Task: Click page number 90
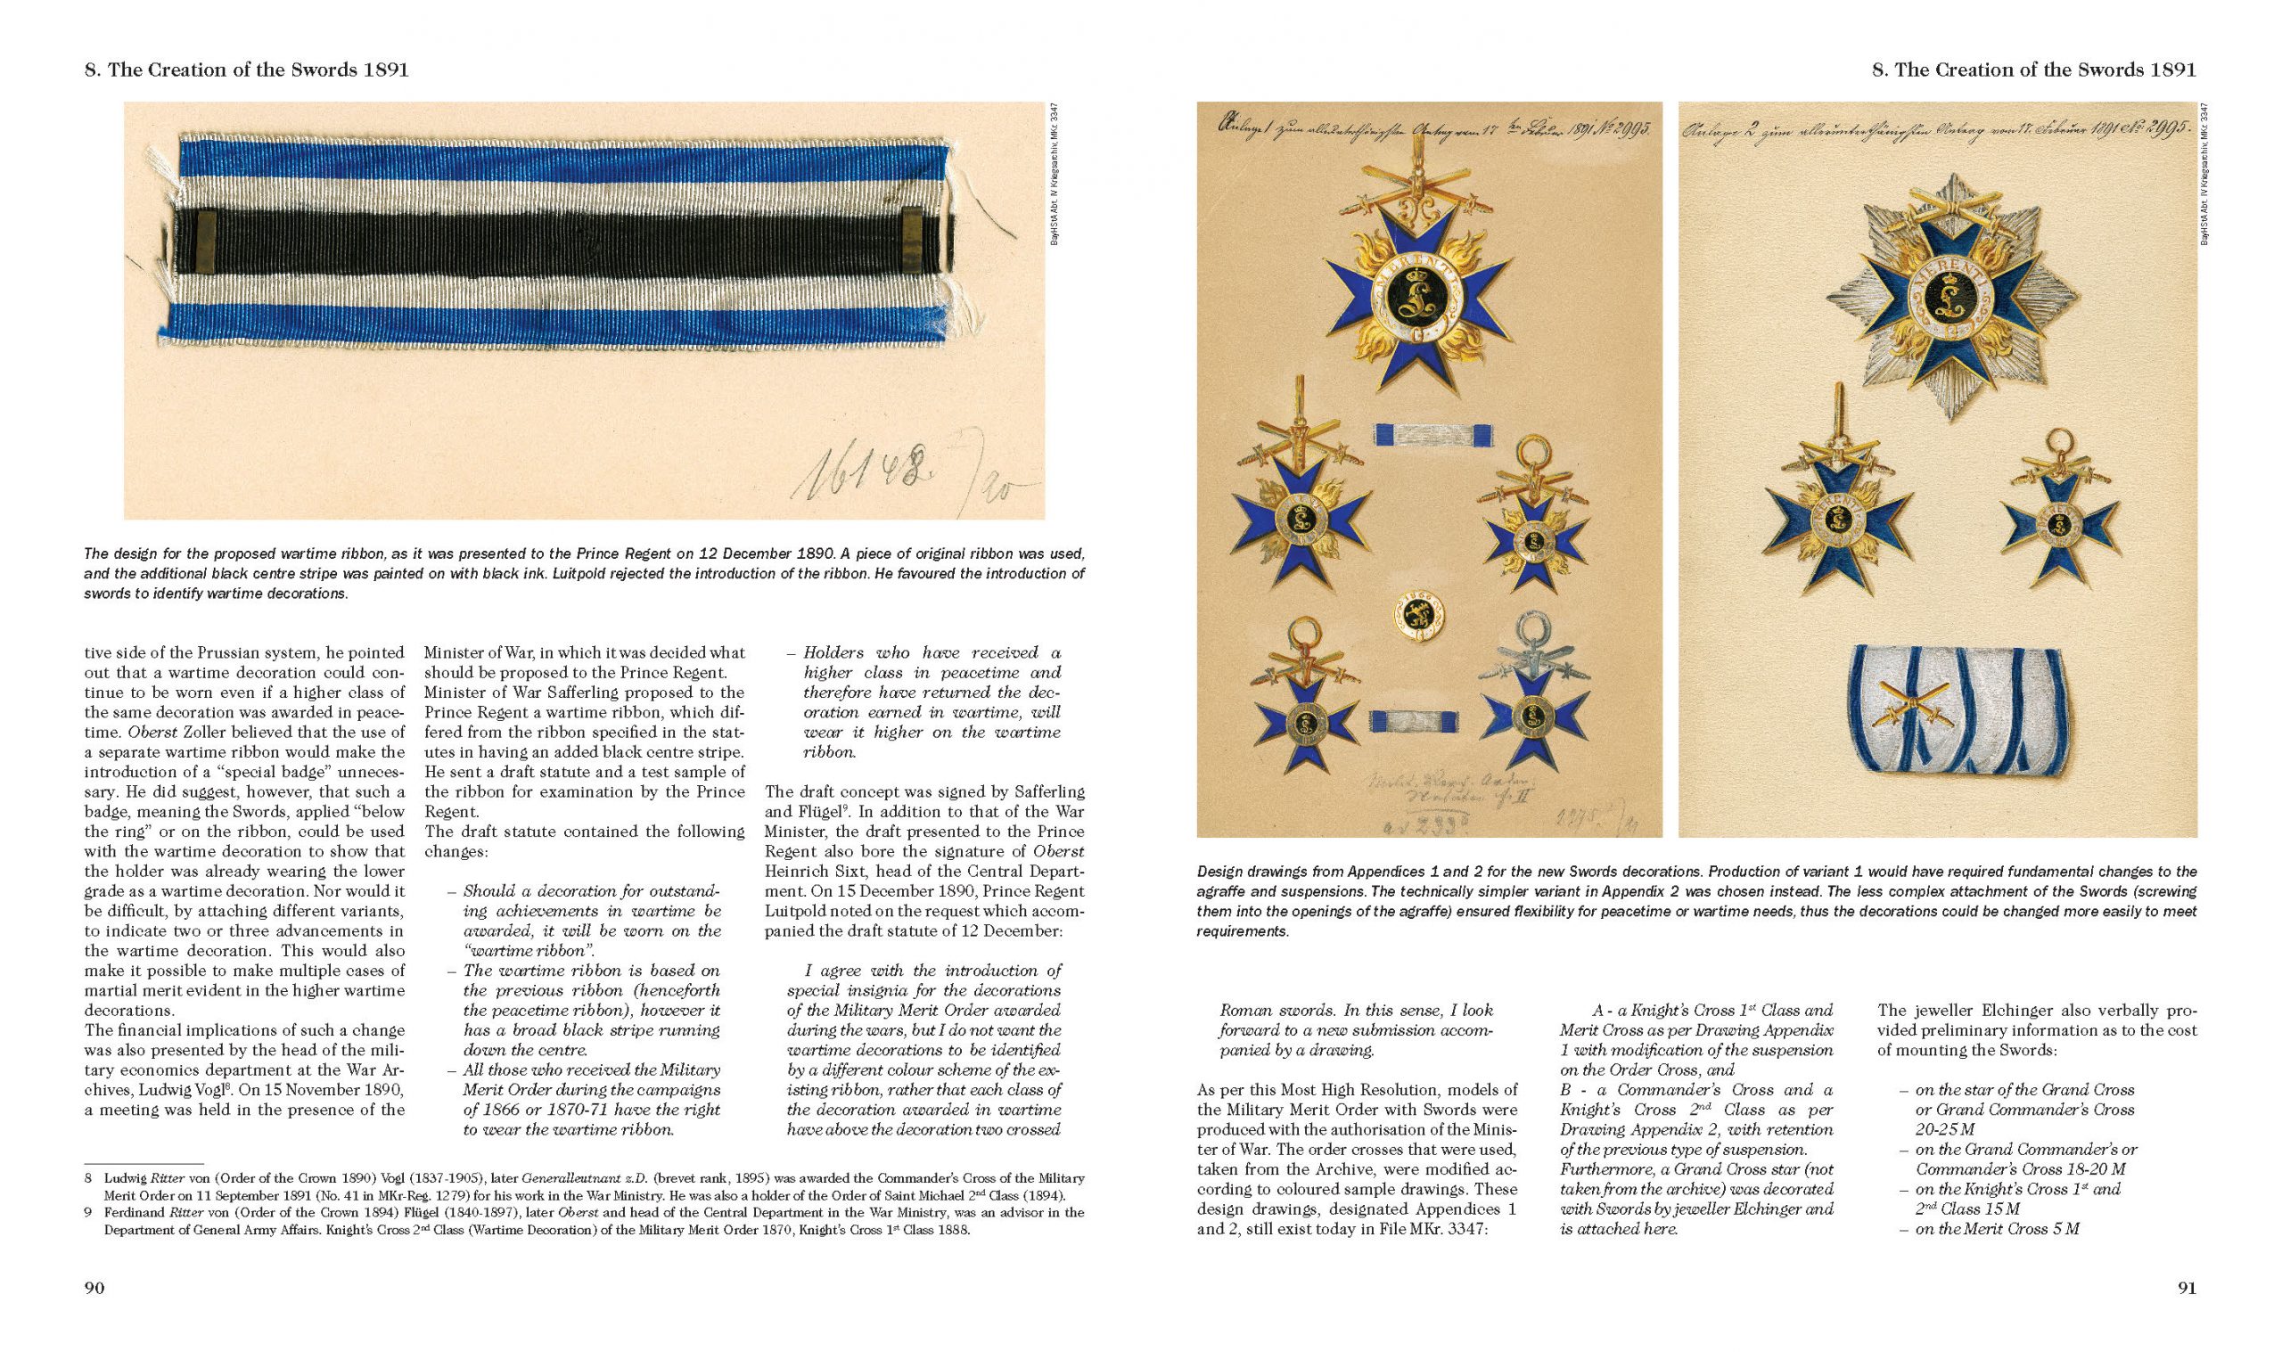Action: pyautogui.click(x=94, y=1287)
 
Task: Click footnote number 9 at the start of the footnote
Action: pyautogui.click(x=88, y=1213)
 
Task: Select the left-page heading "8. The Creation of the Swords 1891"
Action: pyautogui.click(x=246, y=70)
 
